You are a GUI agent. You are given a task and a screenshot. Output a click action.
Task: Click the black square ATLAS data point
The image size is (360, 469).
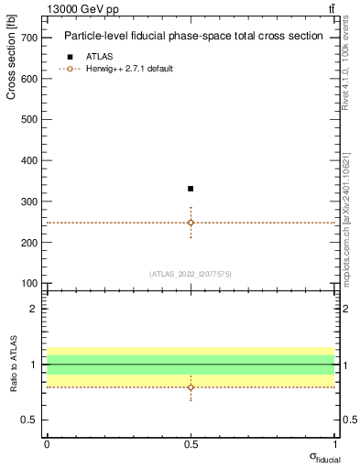(191, 189)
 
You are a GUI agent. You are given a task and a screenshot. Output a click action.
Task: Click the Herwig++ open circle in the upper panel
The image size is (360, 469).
(191, 223)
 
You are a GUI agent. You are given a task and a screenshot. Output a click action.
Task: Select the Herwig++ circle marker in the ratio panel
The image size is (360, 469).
(191, 387)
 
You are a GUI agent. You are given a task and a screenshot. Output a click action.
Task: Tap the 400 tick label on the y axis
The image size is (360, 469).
(30, 160)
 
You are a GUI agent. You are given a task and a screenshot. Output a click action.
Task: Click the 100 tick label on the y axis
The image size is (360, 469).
(30, 283)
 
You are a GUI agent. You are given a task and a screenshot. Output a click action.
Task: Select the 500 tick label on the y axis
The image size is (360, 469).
(30, 119)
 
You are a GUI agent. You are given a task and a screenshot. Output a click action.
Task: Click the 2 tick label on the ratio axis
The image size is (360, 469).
(34, 309)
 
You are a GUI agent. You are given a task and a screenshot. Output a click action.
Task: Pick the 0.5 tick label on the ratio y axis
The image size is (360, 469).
(29, 420)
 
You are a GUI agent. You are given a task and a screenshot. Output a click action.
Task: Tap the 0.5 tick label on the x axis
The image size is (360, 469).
(191, 443)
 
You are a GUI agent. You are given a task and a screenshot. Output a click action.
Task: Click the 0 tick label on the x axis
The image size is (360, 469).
(47, 443)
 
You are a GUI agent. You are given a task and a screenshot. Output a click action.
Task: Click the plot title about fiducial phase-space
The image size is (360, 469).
(193, 37)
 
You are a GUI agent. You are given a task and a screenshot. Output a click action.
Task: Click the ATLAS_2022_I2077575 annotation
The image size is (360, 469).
(191, 273)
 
